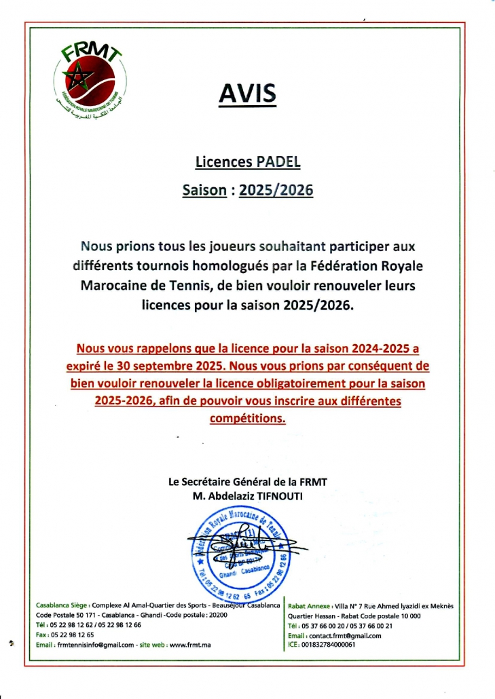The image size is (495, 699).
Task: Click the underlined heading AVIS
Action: point(247,93)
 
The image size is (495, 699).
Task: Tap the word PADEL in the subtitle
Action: point(278,162)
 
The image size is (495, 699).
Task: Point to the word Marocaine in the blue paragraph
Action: point(113,285)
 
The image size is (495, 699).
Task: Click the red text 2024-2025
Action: point(382,348)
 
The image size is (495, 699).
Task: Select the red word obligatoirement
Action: point(277,383)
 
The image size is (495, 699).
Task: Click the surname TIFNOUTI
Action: point(278,496)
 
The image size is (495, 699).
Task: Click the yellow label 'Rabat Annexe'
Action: point(310,606)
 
